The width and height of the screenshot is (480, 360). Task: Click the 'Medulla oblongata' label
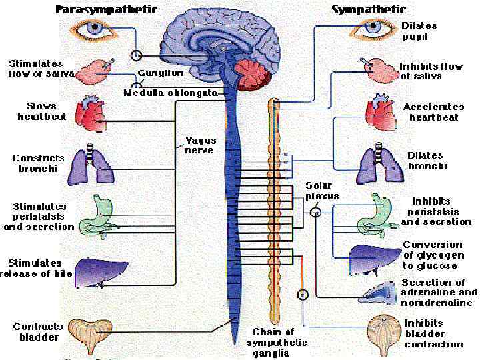coord(171,93)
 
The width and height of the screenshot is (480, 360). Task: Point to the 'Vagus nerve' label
coord(199,145)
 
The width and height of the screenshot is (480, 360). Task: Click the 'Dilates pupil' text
coord(419,31)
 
